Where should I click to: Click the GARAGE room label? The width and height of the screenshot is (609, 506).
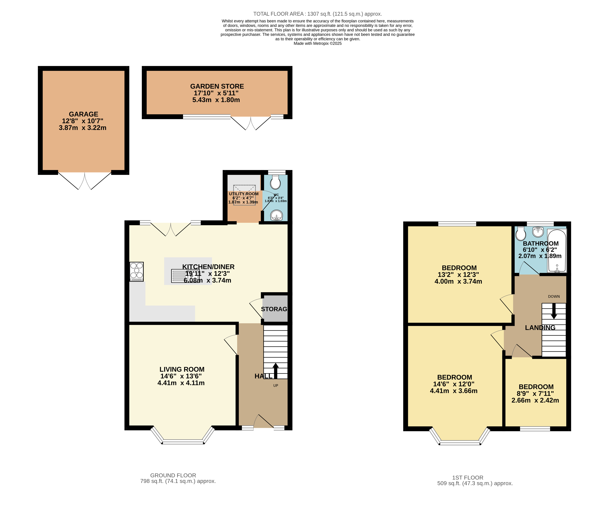tap(84, 114)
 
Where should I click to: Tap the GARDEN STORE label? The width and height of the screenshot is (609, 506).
tap(217, 86)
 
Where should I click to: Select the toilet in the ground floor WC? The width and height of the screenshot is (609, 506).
tap(275, 182)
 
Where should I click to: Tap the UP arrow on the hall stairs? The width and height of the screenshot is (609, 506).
tap(276, 371)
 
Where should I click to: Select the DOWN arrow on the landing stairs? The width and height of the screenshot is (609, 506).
tap(554, 311)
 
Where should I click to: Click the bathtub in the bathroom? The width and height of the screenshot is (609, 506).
tap(557, 251)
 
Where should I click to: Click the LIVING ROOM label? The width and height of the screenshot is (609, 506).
tap(182, 369)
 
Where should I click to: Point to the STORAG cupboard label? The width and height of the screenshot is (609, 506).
tap(274, 309)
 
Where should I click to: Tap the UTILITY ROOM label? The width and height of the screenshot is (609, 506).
tap(244, 194)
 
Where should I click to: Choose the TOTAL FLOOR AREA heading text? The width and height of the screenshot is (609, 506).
tap(318, 14)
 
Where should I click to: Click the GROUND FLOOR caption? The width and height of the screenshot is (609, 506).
tap(173, 475)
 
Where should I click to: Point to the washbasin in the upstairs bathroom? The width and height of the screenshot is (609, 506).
tap(538, 232)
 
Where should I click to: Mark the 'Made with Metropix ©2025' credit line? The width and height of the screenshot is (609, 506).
tap(318, 43)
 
